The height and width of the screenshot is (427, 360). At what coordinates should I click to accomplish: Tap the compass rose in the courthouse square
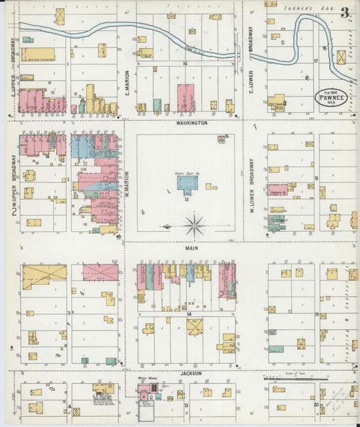point(195,225)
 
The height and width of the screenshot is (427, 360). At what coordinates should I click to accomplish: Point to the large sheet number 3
point(345,12)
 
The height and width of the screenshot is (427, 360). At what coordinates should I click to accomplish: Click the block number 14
point(190,314)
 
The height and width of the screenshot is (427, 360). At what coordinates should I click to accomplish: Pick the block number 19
point(316,315)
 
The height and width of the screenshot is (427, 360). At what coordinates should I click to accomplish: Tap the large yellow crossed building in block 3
point(45,277)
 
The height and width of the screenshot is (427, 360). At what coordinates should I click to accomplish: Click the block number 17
point(315,61)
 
